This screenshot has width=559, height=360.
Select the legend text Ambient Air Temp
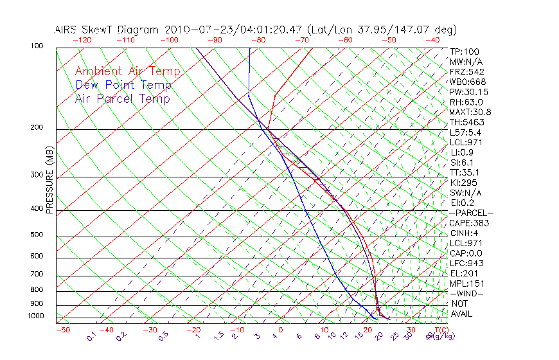pos(128,71)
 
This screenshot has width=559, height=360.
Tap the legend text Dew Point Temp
pos(123,85)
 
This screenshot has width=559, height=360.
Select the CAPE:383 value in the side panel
pos(469,223)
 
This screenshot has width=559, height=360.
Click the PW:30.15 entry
pos(468,92)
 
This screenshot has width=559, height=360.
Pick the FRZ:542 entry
pos(467,71)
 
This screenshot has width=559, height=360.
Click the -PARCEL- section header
pos(472,213)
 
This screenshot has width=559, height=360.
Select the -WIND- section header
pos(467,293)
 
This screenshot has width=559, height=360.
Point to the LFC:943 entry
pos(466,263)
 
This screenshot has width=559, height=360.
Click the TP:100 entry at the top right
pos(465,51)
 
